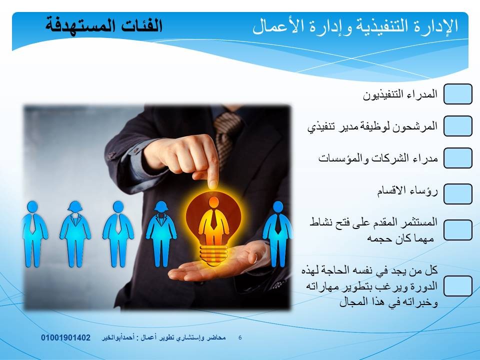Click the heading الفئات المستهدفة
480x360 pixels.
tap(104, 25)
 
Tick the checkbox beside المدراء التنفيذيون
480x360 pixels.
tap(457, 94)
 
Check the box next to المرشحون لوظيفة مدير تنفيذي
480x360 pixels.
tap(457, 126)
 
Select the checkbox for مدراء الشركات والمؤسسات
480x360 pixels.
tap(457, 158)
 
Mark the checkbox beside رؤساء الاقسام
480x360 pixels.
tap(457, 194)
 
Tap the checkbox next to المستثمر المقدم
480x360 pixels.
tap(457, 230)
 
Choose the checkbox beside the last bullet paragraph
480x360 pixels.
tap(457, 286)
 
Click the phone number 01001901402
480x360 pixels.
tap(66, 337)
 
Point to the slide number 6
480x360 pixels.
tap(240, 337)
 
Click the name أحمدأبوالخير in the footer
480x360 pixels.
tap(118, 337)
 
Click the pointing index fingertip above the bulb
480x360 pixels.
tap(212, 184)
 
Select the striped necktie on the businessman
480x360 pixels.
tap(226, 134)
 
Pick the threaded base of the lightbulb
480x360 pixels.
tap(213, 254)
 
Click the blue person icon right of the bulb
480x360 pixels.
tap(277, 234)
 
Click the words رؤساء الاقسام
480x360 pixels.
tap(407, 191)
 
